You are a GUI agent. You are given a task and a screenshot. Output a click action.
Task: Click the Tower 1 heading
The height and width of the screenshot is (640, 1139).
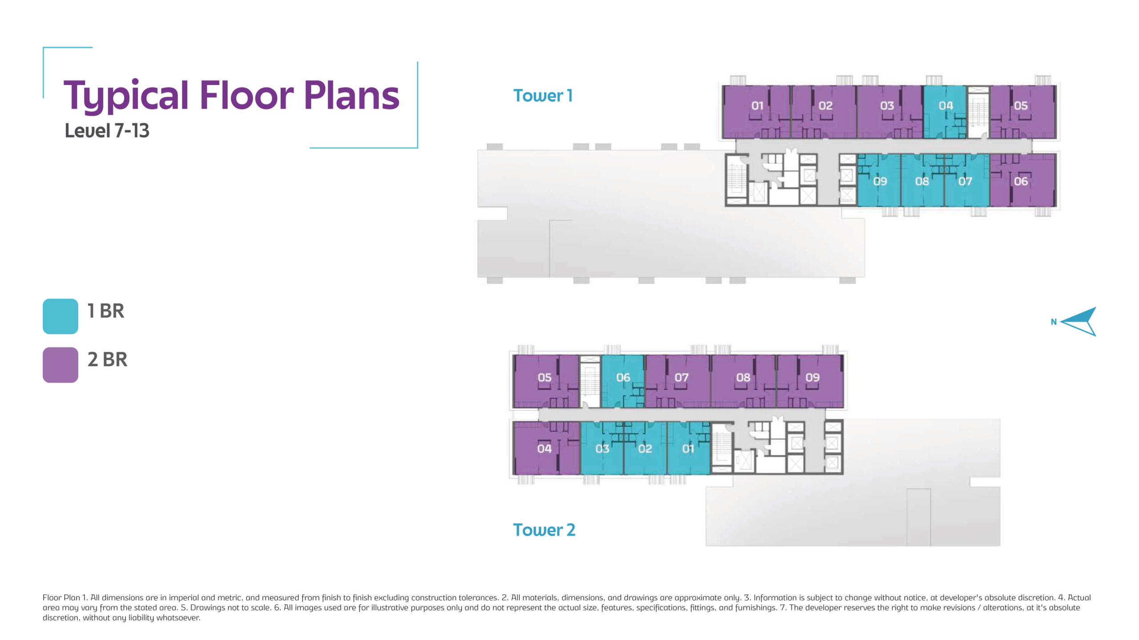click(543, 96)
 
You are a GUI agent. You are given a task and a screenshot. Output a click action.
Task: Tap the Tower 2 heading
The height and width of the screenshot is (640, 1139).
click(544, 530)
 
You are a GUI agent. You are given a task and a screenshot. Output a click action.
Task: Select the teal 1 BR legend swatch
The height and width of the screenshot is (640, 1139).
click(61, 316)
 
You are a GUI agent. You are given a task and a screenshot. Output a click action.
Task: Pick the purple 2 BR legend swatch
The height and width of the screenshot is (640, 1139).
click(61, 365)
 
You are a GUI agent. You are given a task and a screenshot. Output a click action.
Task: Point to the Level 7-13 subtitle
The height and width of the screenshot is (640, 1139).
click(107, 131)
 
